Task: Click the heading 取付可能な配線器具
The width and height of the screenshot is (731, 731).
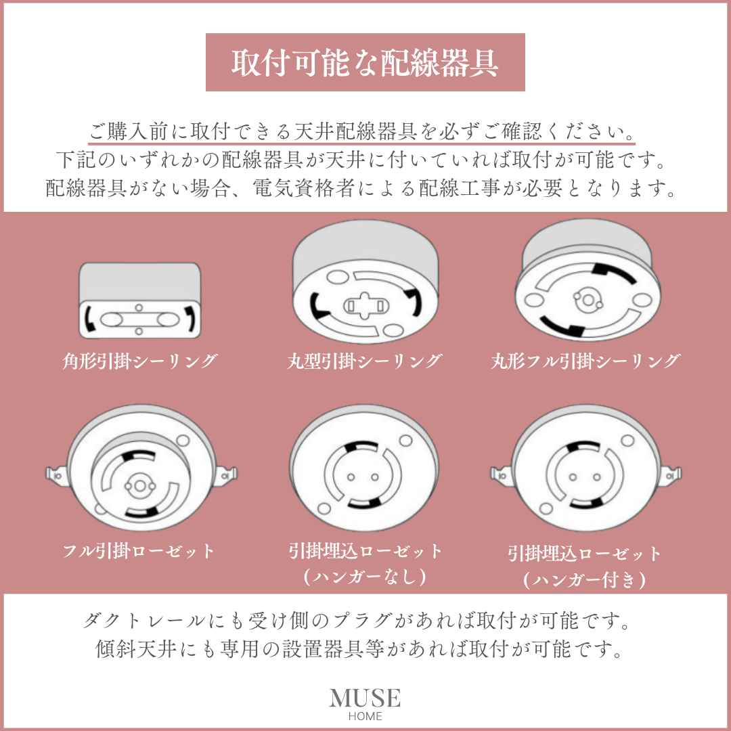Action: (x=365, y=63)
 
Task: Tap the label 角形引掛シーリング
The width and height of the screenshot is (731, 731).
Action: (x=140, y=361)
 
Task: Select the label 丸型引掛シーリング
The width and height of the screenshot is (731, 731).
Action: (x=364, y=361)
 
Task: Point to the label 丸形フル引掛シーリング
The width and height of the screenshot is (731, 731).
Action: (x=585, y=361)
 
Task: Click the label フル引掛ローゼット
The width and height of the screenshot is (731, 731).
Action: (x=139, y=551)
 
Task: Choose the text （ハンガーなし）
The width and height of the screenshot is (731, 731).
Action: (x=364, y=576)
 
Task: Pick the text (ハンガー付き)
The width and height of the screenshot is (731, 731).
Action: (x=585, y=579)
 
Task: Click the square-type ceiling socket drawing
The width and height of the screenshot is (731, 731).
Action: (x=140, y=301)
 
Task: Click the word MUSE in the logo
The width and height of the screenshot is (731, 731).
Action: (x=365, y=698)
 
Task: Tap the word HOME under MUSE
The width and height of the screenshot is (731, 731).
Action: (x=365, y=716)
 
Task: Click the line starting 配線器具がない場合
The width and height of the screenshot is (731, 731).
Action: (x=362, y=187)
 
